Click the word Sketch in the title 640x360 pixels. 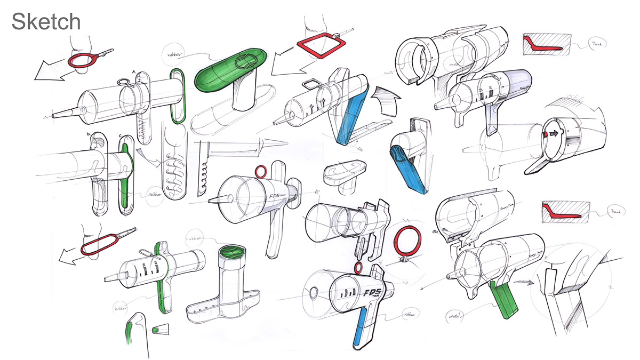point(46,22)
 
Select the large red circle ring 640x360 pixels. point(407,241)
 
